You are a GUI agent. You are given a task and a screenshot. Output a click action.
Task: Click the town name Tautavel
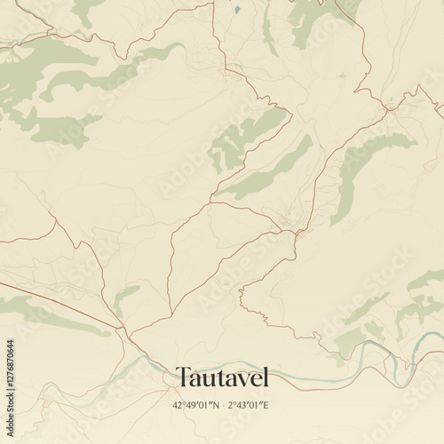[221, 377]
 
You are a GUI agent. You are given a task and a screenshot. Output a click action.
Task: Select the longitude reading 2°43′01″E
[248, 406]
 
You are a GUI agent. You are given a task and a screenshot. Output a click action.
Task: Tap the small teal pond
[237, 11]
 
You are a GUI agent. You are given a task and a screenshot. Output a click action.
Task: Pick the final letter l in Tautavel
[265, 377]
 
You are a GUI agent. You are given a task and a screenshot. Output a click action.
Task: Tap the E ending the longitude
[266, 406]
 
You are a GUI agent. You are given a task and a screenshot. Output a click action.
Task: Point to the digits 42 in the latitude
[178, 406]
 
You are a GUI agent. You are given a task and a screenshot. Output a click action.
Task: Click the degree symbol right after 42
[182, 404]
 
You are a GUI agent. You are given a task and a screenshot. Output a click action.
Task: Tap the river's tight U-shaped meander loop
[404, 364]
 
